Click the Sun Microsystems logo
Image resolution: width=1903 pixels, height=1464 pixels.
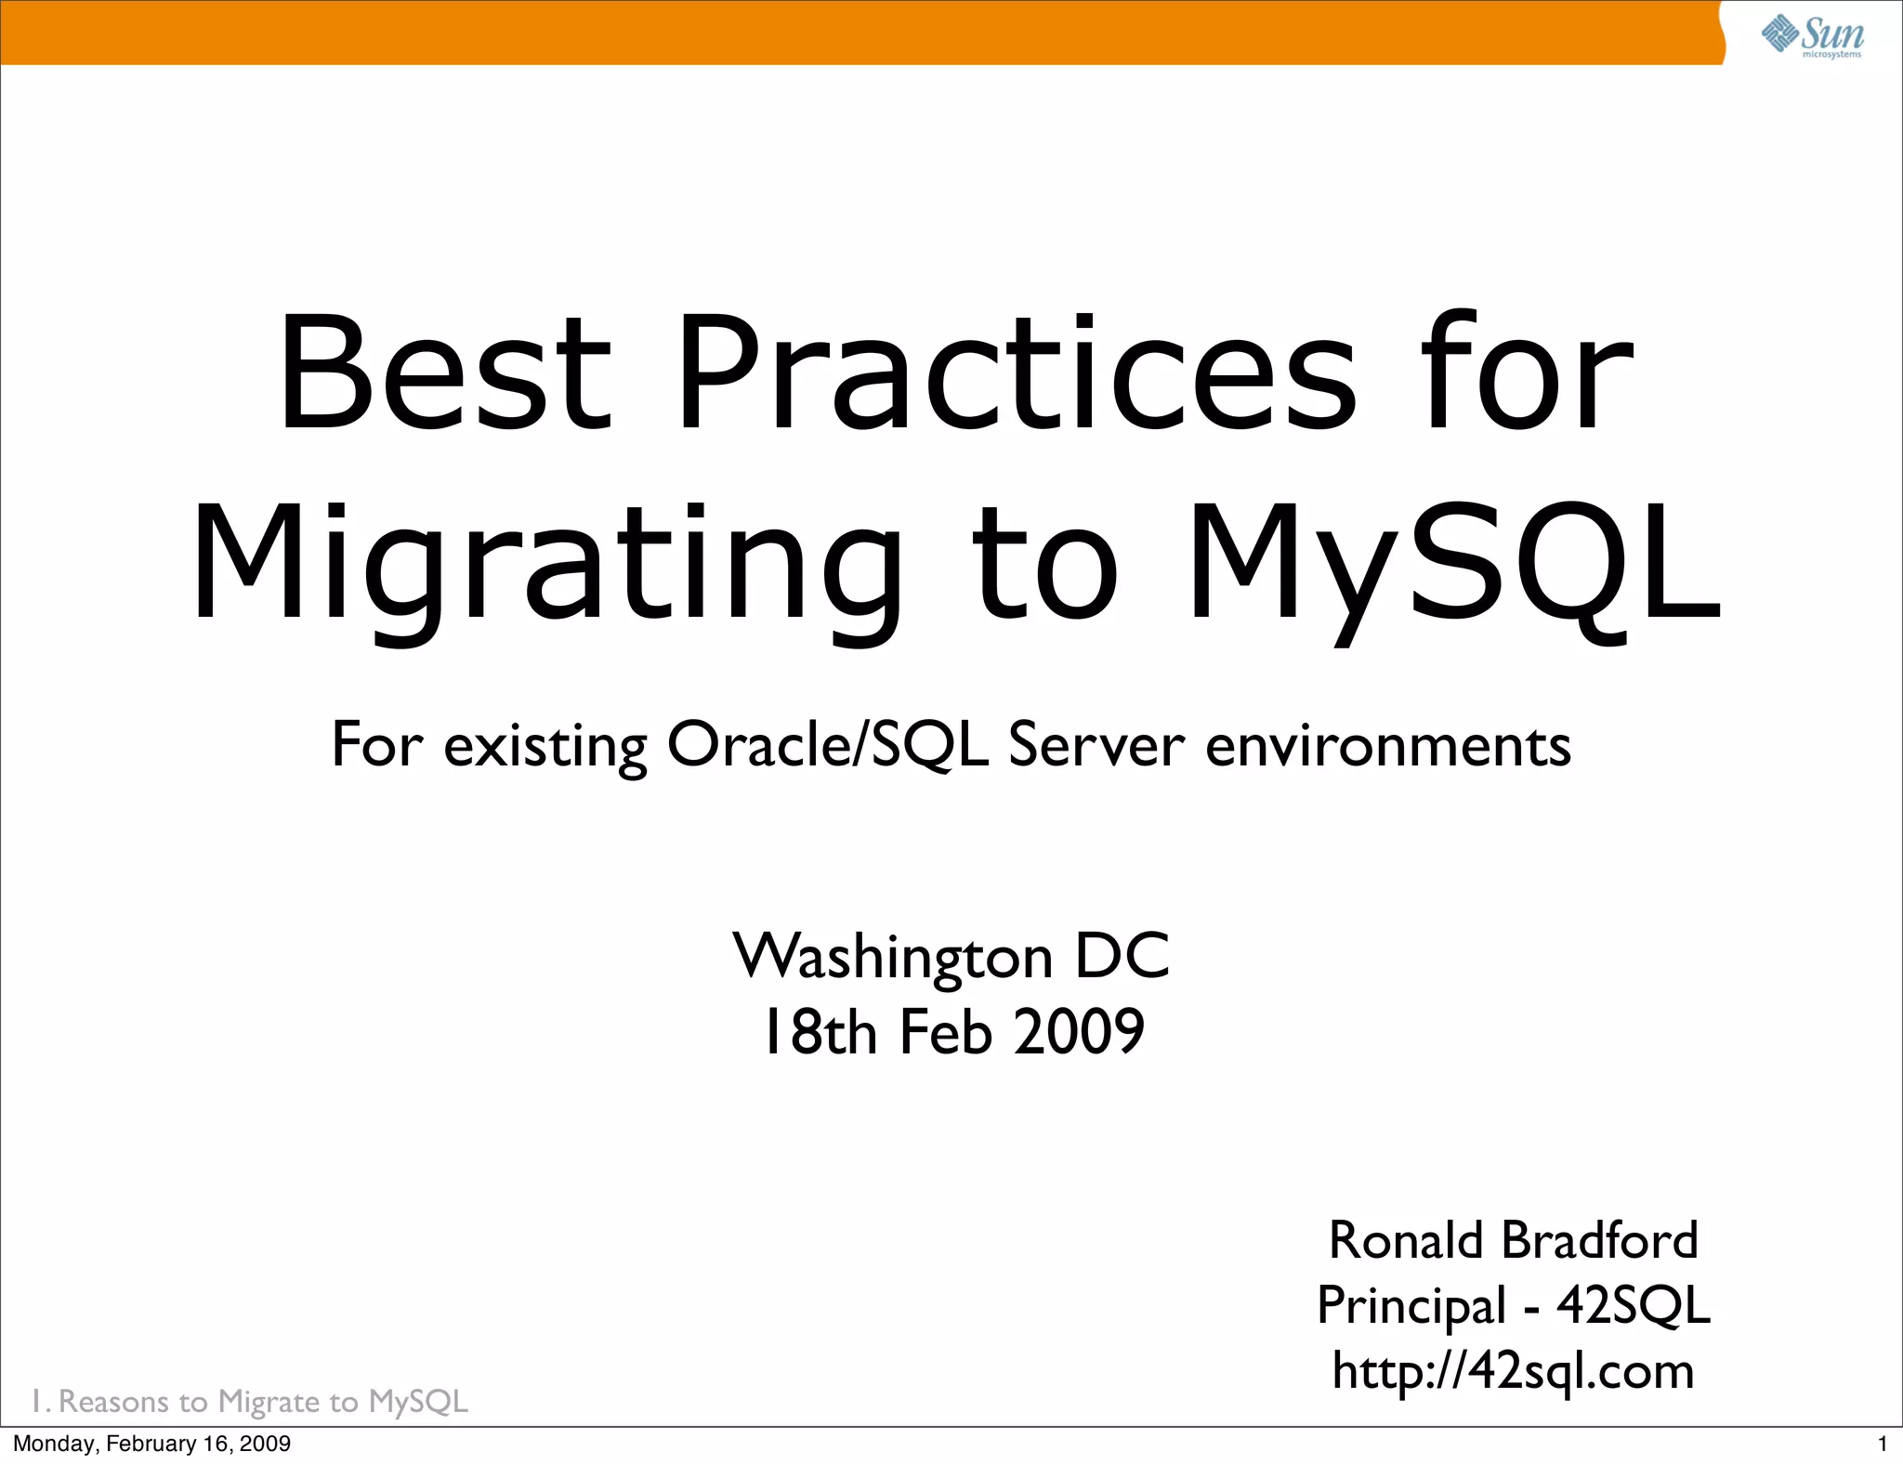[1812, 35]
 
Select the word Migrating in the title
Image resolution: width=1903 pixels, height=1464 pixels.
[546, 565]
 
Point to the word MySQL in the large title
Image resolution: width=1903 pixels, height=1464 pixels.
[1454, 565]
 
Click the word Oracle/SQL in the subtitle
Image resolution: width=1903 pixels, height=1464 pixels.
[827, 745]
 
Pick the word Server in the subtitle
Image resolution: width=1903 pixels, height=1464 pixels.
[1096, 745]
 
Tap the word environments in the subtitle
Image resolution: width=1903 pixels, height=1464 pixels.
[1388, 745]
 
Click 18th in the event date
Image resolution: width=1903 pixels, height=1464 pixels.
[819, 1032]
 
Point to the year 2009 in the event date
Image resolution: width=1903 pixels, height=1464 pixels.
[1079, 1032]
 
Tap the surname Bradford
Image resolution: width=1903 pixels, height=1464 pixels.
[1600, 1240]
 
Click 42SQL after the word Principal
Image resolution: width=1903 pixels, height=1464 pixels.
[1634, 1305]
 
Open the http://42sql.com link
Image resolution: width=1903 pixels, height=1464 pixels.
[1514, 1371]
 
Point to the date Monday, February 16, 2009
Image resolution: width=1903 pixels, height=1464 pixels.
[151, 1444]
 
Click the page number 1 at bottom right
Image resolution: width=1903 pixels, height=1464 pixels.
[1883, 1444]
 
